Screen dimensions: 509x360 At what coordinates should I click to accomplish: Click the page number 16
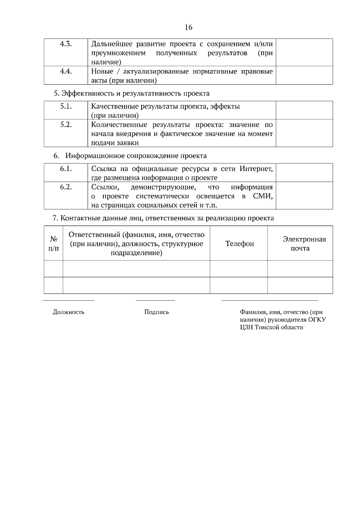[x=188, y=27]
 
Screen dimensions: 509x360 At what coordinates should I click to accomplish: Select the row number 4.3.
[x=66, y=44]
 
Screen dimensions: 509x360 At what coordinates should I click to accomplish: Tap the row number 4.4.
[x=66, y=71]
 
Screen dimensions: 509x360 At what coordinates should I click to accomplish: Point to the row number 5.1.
[x=66, y=106]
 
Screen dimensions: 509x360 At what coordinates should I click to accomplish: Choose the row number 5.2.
[x=66, y=124]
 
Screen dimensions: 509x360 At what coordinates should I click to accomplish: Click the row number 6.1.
[x=66, y=168]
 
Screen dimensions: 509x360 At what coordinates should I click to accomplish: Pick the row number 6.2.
[x=66, y=187]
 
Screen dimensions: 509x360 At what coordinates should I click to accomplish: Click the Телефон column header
[x=239, y=244]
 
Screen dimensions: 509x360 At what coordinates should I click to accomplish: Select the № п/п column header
[x=53, y=243]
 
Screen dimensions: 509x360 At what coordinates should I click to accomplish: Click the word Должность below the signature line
[x=68, y=312]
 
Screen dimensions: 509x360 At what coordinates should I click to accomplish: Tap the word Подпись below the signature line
[x=156, y=312]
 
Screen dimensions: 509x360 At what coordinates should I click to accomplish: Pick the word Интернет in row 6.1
[x=256, y=169]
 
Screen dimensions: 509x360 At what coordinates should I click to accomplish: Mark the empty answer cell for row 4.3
[x=304, y=52]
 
